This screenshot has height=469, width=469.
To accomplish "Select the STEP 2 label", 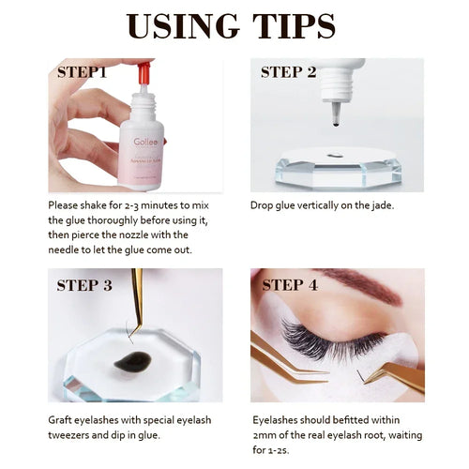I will (x=292, y=71).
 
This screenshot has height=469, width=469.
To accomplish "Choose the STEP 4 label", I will (x=293, y=285).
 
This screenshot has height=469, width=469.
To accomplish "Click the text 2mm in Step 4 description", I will (x=265, y=435).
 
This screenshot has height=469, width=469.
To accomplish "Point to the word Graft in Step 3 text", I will (x=64, y=420).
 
